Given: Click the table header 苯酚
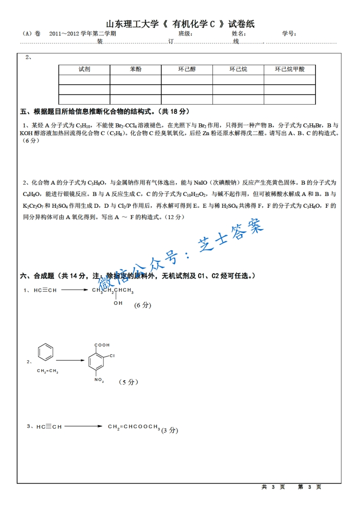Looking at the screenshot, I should point(135,69).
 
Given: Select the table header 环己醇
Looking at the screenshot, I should point(187,69).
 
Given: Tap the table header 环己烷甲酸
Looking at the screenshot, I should point(290,69).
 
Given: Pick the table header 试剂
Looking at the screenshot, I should point(84,69).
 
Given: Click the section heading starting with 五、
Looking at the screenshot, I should point(105,112).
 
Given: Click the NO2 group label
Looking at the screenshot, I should point(99,381).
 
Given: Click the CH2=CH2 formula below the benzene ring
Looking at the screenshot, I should point(47,371).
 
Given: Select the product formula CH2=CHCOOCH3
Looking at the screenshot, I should point(134,427).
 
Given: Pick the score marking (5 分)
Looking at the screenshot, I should point(128,382).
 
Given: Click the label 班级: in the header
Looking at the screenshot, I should point(186,34).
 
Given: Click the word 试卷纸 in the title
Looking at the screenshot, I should point(241,24).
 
